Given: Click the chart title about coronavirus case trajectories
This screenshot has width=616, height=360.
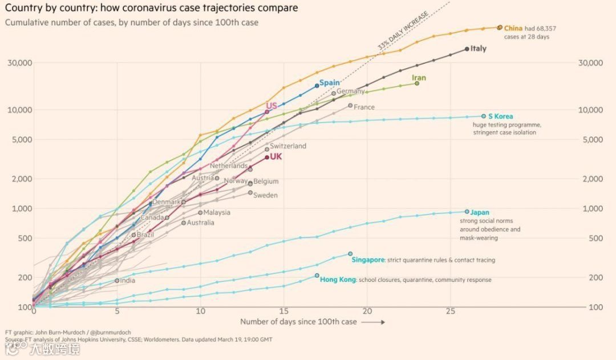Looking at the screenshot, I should click(151, 9).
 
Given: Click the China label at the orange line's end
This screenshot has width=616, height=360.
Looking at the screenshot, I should click(513, 28).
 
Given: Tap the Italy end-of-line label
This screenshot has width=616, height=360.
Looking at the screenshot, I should click(478, 48).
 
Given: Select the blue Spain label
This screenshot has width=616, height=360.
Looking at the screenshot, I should click(329, 83).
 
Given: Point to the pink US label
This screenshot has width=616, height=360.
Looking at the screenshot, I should click(271, 106).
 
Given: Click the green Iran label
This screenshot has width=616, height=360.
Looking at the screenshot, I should click(419, 78).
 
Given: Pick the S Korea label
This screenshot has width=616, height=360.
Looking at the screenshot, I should click(500, 116).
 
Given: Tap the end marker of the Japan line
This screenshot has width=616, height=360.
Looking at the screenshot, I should click(467, 212).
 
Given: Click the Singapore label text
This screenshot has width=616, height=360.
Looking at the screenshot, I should click(368, 260).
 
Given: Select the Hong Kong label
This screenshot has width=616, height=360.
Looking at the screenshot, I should click(338, 280).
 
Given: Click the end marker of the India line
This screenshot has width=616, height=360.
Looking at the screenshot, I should click(117, 280).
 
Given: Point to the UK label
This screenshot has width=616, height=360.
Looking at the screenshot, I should click(276, 156).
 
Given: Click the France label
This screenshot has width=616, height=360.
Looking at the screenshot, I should click(364, 107).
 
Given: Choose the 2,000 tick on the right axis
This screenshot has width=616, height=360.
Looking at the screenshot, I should click(590, 179).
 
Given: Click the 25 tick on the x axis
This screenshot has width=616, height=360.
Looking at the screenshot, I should click(451, 312).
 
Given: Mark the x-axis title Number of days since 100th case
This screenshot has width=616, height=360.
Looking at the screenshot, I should click(298, 322).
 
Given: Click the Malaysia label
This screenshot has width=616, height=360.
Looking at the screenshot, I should click(217, 212).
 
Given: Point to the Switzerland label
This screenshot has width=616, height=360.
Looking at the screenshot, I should click(288, 146).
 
